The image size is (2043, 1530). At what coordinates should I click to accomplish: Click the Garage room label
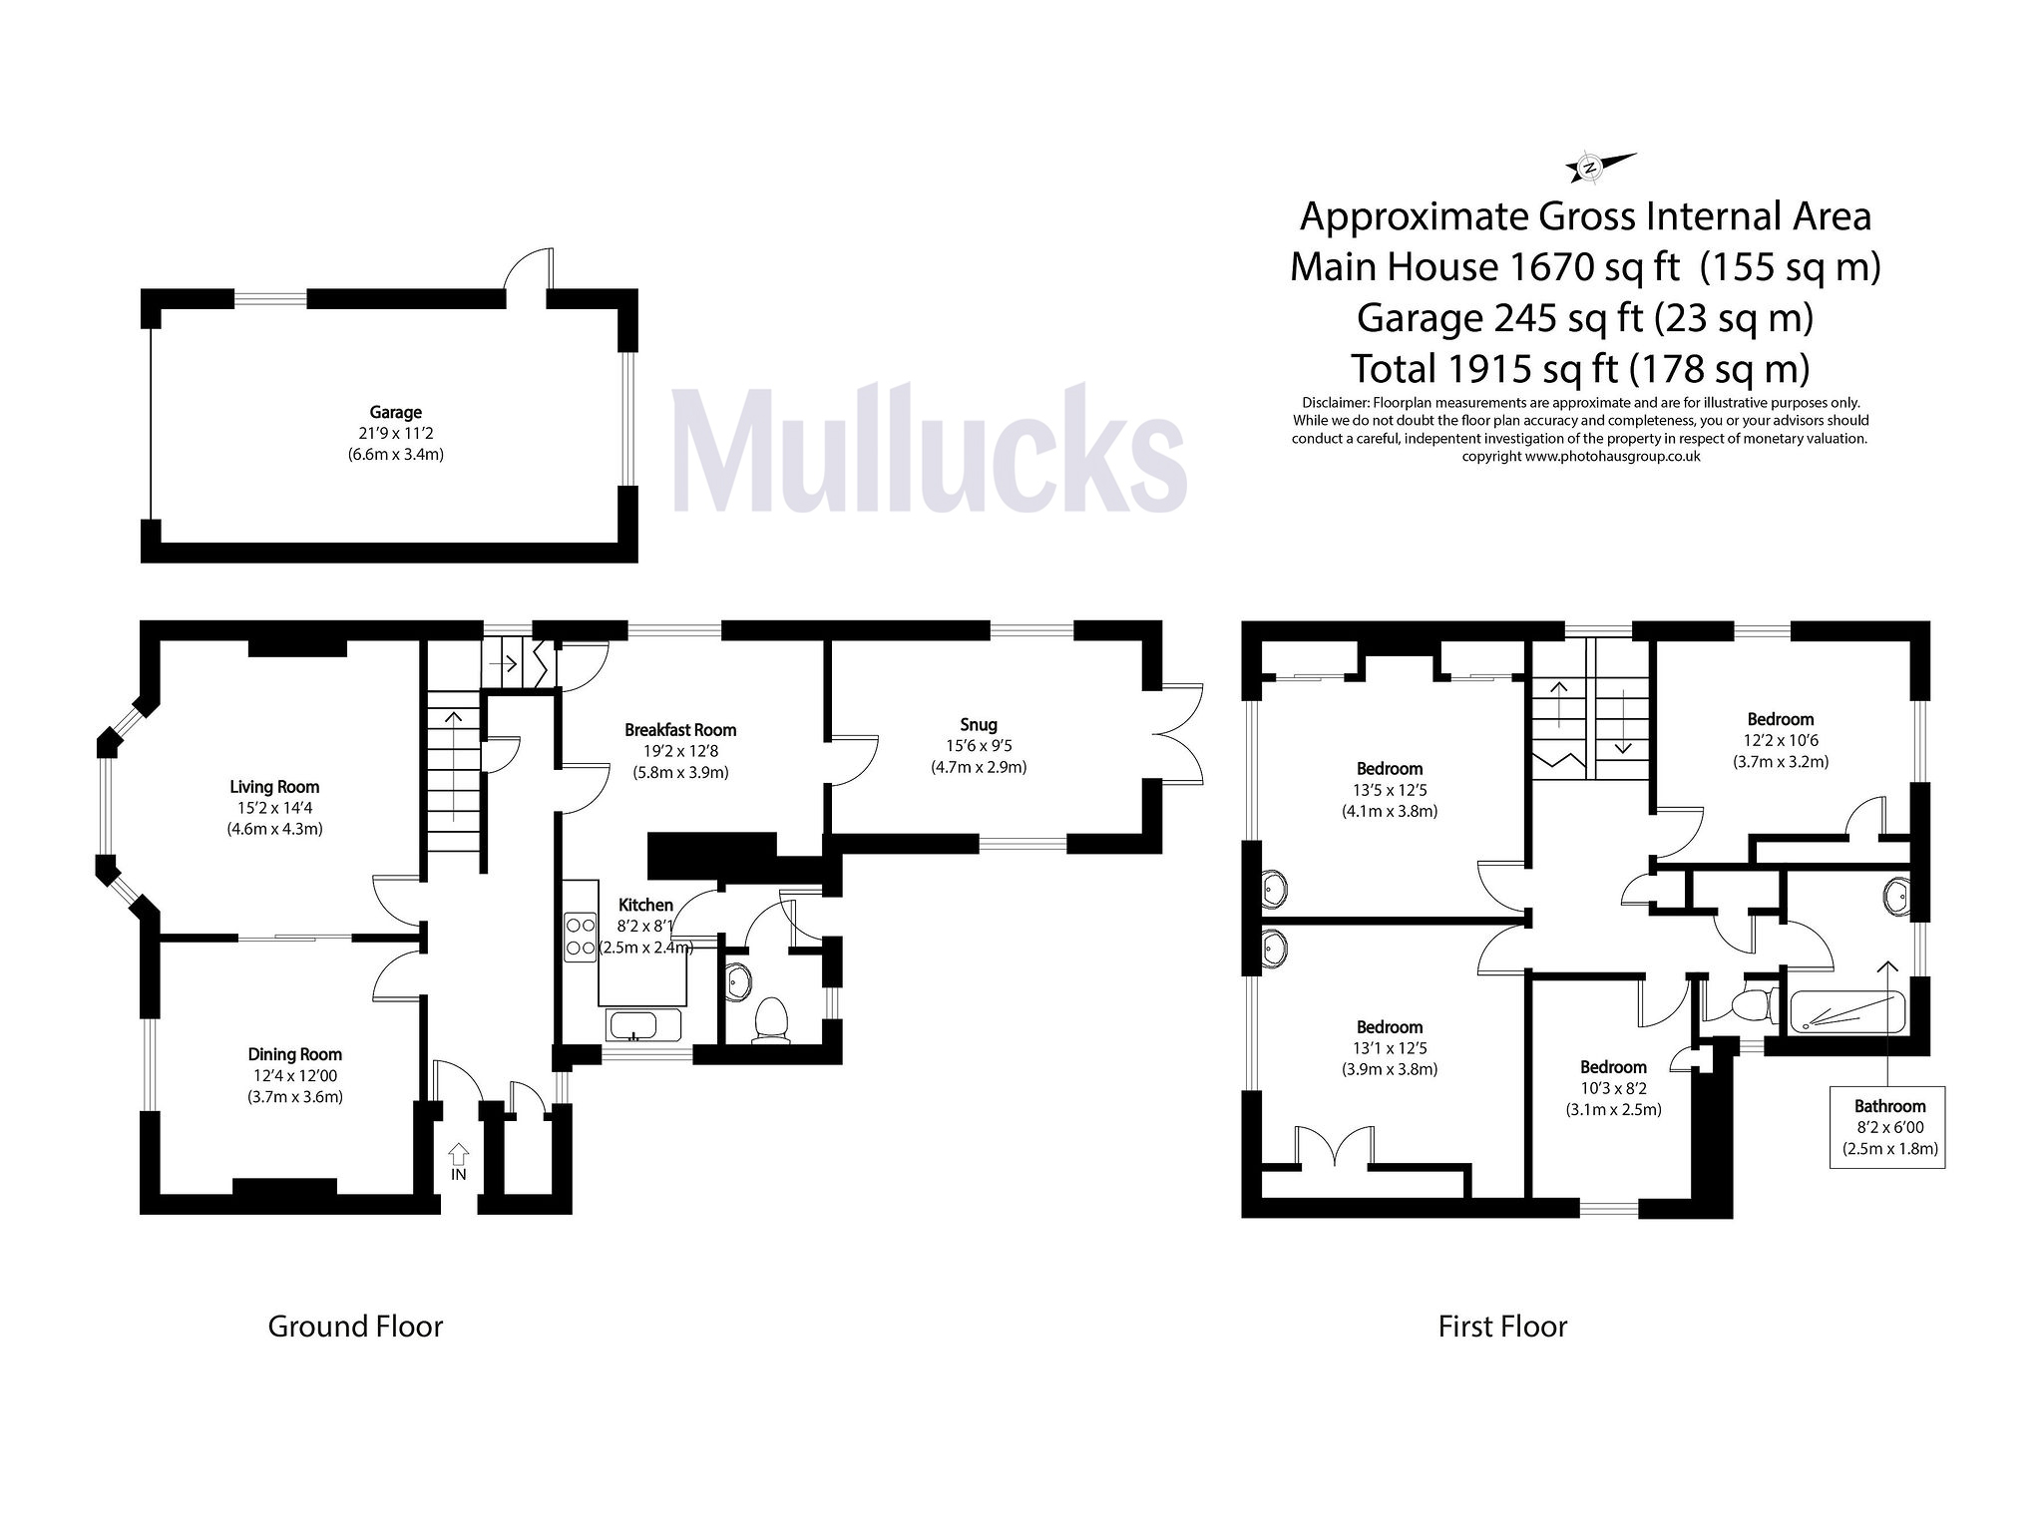(395, 412)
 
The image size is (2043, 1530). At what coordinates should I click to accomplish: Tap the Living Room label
(274, 787)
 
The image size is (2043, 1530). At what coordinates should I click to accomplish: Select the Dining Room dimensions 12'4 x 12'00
(294, 1076)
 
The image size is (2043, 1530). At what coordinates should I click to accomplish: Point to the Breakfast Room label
(680, 729)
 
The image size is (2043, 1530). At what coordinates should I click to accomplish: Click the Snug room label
(979, 724)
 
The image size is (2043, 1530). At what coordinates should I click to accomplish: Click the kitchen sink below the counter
(642, 1024)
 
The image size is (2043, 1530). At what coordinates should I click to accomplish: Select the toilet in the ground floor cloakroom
(771, 1020)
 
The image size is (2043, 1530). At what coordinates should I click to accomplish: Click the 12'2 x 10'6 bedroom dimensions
(1780, 740)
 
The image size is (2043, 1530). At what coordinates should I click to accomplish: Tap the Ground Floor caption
(355, 1327)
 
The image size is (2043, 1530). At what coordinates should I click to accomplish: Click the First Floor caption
(1502, 1327)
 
